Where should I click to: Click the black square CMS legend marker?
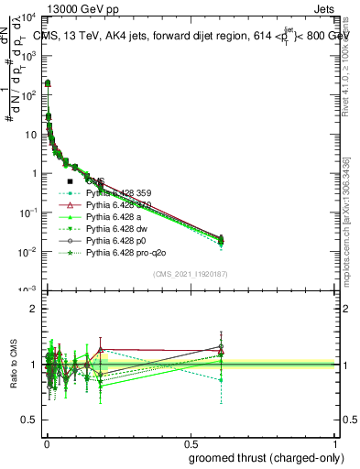pyautogui.click(x=70, y=181)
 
